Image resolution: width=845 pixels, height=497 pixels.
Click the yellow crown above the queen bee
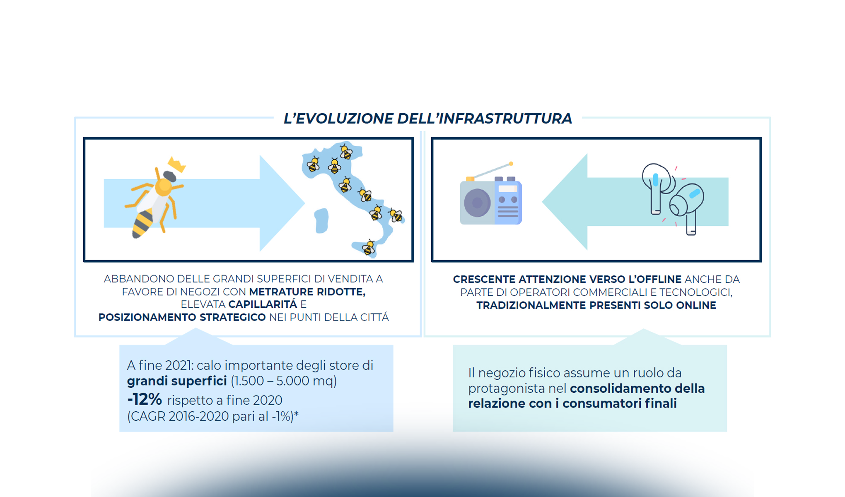tap(177, 164)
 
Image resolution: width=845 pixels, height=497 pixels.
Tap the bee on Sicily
tap(368, 248)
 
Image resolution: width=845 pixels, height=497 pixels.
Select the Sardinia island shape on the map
tap(321, 220)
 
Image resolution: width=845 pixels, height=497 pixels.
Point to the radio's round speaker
tap(477, 203)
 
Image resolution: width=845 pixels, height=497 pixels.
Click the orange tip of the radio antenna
tap(511, 164)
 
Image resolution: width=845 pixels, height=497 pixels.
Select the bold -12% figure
tap(144, 400)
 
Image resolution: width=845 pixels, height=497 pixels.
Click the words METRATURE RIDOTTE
tap(307, 292)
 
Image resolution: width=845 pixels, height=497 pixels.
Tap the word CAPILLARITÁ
tap(263, 304)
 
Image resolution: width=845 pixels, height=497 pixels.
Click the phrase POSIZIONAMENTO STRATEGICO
tap(182, 317)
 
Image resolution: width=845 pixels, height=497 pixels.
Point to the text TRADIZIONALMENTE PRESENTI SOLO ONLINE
tap(596, 306)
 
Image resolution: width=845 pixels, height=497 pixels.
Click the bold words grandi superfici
tap(176, 381)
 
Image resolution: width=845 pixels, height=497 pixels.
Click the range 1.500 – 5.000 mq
tap(284, 381)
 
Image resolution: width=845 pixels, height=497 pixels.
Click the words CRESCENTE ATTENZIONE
tap(519, 280)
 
